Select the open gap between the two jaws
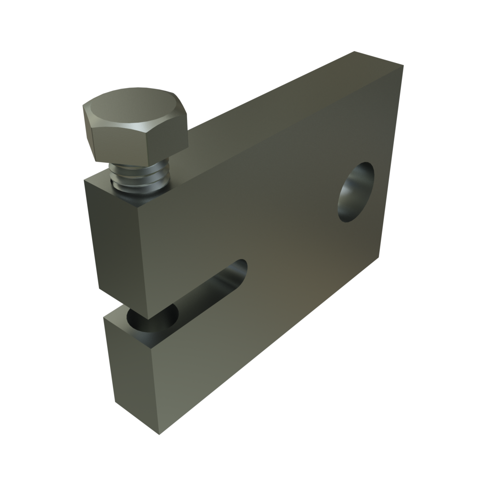pos(176,304)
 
